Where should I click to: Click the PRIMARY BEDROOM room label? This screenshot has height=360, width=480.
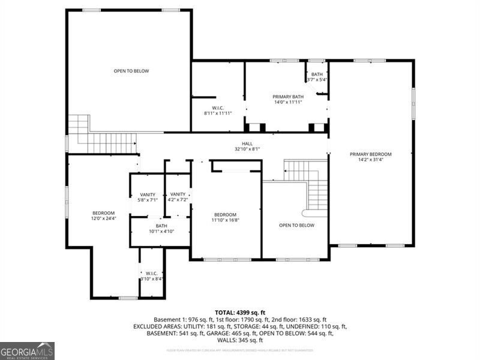click(370, 154)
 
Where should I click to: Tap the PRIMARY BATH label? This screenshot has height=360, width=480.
click(288, 97)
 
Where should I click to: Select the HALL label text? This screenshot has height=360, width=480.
click(247, 143)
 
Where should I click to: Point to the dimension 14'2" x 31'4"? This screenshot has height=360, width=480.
click(370, 160)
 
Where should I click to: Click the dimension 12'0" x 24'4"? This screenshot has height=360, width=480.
click(103, 218)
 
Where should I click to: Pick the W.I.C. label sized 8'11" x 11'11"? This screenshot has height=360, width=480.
click(217, 108)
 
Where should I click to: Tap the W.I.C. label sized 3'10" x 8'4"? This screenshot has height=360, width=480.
click(151, 273)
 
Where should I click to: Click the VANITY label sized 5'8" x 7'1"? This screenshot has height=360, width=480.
click(148, 194)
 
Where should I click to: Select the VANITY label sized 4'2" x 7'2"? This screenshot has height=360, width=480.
click(178, 194)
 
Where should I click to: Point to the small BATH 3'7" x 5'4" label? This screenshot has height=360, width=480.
click(317, 74)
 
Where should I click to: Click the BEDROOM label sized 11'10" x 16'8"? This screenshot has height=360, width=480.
click(226, 215)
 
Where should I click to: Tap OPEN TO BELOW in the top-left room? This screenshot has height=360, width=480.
click(131, 71)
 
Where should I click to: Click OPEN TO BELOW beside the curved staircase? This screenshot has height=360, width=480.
click(296, 225)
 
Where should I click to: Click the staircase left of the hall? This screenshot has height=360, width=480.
click(105, 143)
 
